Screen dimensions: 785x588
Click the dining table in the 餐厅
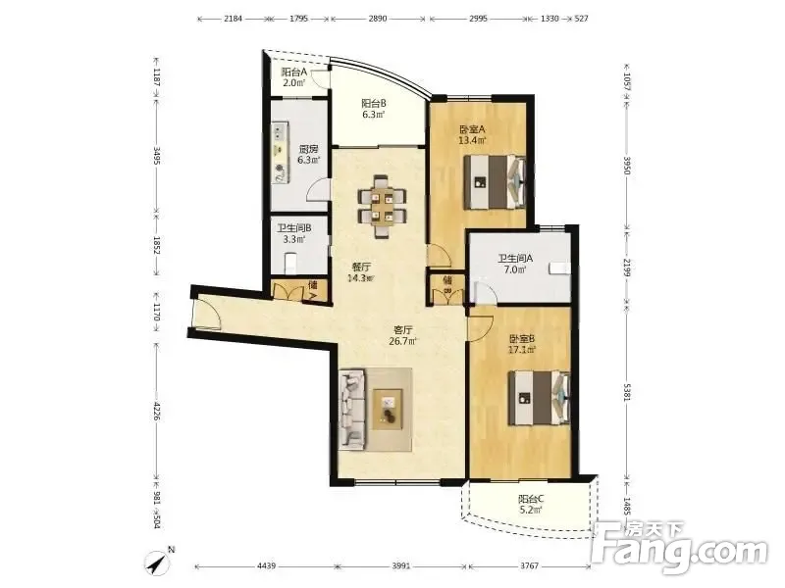pyautogui.click(x=382, y=207)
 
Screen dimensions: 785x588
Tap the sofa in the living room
pyautogui.click(x=351, y=409)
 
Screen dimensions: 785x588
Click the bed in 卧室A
pyautogui.click(x=495, y=182)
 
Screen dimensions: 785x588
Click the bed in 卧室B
pyautogui.click(x=539, y=398)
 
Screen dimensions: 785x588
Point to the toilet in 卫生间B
pyautogui.click(x=290, y=263)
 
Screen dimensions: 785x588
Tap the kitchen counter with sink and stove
pyautogui.click(x=281, y=152)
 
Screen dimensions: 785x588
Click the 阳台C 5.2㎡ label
pyautogui.click(x=531, y=504)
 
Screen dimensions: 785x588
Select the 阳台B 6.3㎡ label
pyautogui.click(x=374, y=109)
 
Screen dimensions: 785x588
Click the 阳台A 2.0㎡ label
pyautogui.click(x=293, y=77)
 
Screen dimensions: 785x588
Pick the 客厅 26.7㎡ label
pyautogui.click(x=403, y=335)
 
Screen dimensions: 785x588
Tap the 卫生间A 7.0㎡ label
pyautogui.click(x=514, y=264)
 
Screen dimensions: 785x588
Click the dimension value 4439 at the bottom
pyautogui.click(x=266, y=566)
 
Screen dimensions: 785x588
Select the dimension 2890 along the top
pyautogui.click(x=378, y=19)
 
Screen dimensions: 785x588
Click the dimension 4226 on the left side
pyautogui.click(x=156, y=411)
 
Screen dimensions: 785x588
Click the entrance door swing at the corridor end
pyautogui.click(x=206, y=313)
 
